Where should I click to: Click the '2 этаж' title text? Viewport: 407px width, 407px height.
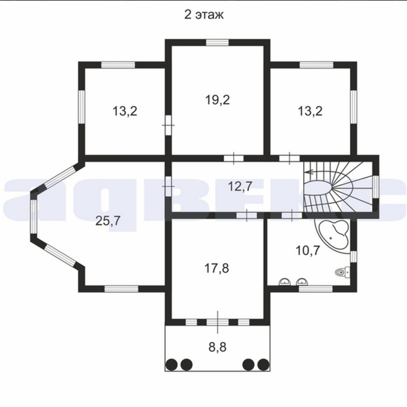pos(203,15)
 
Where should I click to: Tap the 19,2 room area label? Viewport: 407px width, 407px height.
pos(218,100)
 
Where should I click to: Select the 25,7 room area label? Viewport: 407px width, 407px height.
pos(108,221)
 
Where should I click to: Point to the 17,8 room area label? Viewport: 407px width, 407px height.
pos(217,268)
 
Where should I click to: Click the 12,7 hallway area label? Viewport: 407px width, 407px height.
pos(240,186)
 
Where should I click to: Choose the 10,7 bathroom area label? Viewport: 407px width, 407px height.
pos(308,251)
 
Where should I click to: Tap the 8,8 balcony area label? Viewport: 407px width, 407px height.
pos(218,347)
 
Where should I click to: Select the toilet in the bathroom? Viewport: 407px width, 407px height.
pos(342,272)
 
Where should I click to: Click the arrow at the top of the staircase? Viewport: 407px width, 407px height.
pos(311,172)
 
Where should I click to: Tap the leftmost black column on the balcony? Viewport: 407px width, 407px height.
pos(172,364)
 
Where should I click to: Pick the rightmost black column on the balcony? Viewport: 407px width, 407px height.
pos(263,364)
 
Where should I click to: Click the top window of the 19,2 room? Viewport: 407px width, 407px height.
pos(217,42)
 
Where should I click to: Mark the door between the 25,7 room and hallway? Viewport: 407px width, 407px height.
pos(168,187)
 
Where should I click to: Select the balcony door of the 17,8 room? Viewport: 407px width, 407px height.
pos(218,322)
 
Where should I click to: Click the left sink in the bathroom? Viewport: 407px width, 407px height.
pos(284,282)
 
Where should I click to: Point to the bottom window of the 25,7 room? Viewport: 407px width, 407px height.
pos(121,289)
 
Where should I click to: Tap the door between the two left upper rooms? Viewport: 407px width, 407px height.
pos(168,125)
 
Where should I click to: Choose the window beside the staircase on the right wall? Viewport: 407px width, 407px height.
pos(376,187)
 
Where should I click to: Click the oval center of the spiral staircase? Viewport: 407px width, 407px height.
pos(318,187)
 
